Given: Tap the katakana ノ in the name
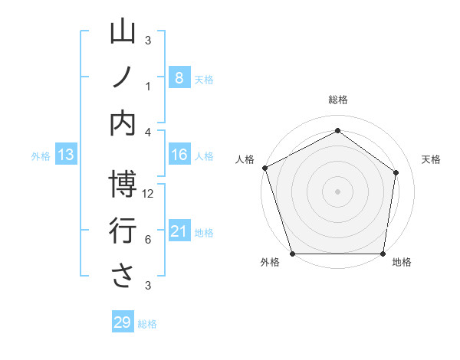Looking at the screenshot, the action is click(123, 77).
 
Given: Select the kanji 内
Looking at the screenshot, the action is click(123, 123).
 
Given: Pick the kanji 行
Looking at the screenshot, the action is click(123, 231).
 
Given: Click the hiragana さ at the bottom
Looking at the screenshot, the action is click(123, 277).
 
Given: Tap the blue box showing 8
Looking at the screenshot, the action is click(179, 77).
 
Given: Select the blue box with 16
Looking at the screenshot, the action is click(179, 155).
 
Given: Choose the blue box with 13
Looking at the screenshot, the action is click(66, 155).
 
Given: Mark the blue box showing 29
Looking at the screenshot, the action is click(123, 322).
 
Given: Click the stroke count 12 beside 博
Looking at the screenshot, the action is click(149, 194).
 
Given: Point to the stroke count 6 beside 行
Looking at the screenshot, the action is click(148, 240).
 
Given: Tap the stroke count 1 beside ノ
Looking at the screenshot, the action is click(148, 87).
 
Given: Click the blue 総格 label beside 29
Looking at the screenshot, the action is click(147, 324).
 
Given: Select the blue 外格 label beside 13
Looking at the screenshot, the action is click(41, 156).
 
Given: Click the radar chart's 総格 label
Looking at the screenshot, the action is click(338, 100).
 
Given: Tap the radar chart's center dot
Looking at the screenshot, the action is click(338, 191).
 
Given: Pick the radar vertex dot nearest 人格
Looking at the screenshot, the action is click(264, 168).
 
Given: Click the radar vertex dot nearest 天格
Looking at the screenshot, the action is click(396, 172).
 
